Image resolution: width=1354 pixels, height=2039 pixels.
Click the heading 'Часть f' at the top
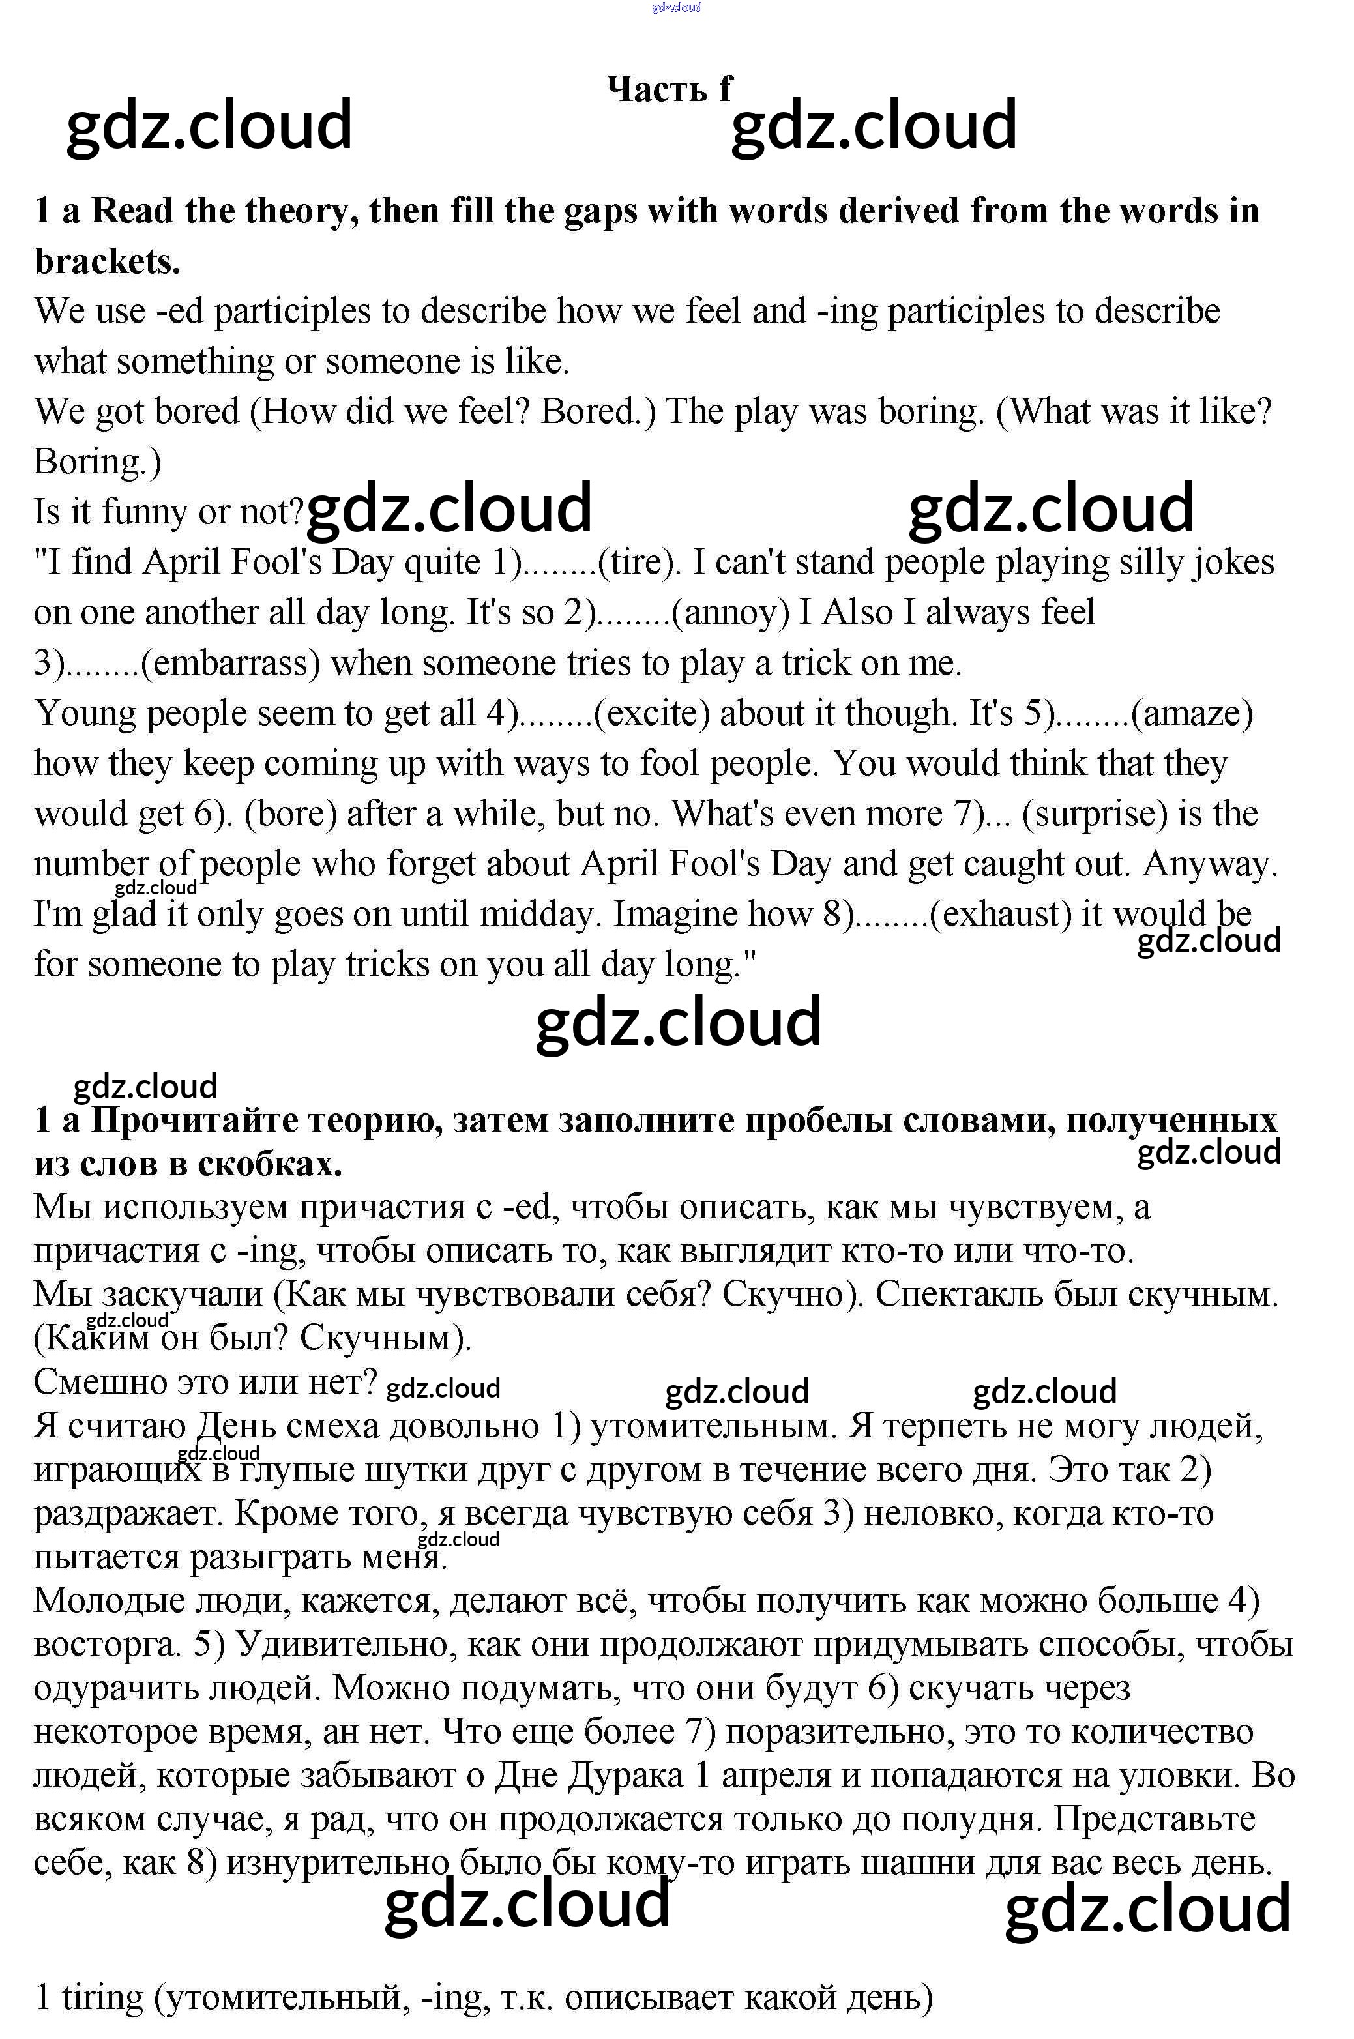coord(670,88)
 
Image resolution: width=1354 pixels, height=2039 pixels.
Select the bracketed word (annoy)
coord(731,613)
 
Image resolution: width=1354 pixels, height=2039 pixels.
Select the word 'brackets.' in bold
coord(107,261)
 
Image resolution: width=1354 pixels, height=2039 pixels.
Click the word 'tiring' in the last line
coord(102,1999)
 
